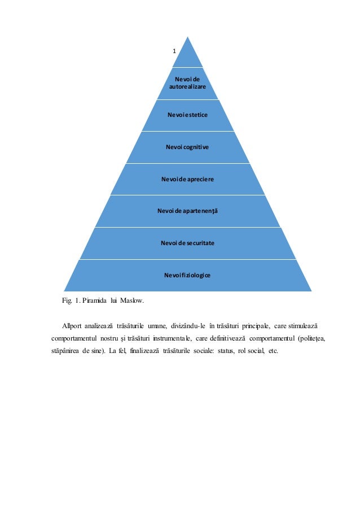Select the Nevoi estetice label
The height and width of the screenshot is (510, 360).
click(187, 115)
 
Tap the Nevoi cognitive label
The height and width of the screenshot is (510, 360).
click(187, 147)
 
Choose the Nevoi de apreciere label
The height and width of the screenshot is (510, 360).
click(187, 179)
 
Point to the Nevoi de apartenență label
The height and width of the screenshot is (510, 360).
click(187, 211)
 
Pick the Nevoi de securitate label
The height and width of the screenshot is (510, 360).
click(187, 243)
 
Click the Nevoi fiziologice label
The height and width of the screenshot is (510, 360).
click(187, 275)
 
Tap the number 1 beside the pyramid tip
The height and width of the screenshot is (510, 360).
click(174, 51)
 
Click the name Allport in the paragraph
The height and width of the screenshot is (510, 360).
click(72, 326)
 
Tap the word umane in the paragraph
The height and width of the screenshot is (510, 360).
click(159, 326)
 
